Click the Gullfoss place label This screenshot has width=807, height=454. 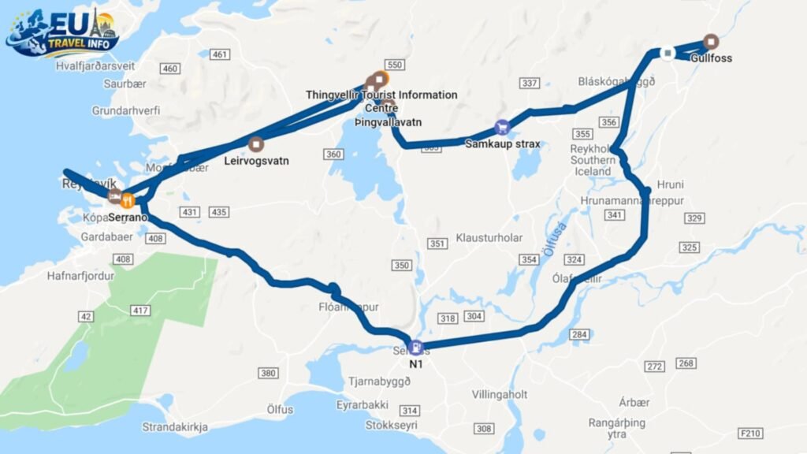[709, 58]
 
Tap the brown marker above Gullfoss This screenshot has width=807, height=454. [711, 42]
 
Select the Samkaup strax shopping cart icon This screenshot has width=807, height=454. [502, 127]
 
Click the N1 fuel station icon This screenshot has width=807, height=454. [415, 348]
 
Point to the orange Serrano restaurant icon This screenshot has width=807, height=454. [128, 199]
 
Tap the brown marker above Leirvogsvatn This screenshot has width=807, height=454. [255, 144]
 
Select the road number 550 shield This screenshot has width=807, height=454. [396, 65]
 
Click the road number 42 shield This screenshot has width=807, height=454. [86, 317]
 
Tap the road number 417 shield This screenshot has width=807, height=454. [141, 311]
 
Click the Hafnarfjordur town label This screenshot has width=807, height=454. [80, 277]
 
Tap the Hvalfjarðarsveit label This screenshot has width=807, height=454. [95, 67]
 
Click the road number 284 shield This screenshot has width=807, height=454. [579, 335]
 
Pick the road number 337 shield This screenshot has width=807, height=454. [530, 83]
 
